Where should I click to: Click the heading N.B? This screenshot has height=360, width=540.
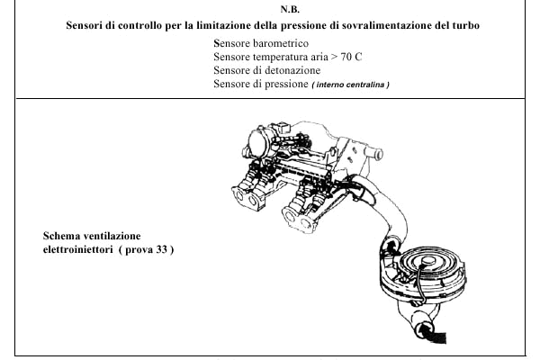(290, 9)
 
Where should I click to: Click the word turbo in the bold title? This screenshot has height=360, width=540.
(466, 25)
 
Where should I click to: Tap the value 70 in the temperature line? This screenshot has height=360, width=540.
(346, 57)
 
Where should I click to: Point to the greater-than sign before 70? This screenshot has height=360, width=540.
(334, 58)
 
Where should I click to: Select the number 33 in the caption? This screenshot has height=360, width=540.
(161, 249)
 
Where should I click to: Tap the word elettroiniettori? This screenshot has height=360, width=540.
(77, 249)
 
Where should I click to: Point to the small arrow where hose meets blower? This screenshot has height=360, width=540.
(391, 246)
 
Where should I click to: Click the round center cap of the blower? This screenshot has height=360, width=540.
(428, 261)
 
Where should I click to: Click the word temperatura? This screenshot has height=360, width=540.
(280, 57)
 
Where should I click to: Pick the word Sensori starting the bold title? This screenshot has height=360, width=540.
(84, 25)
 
